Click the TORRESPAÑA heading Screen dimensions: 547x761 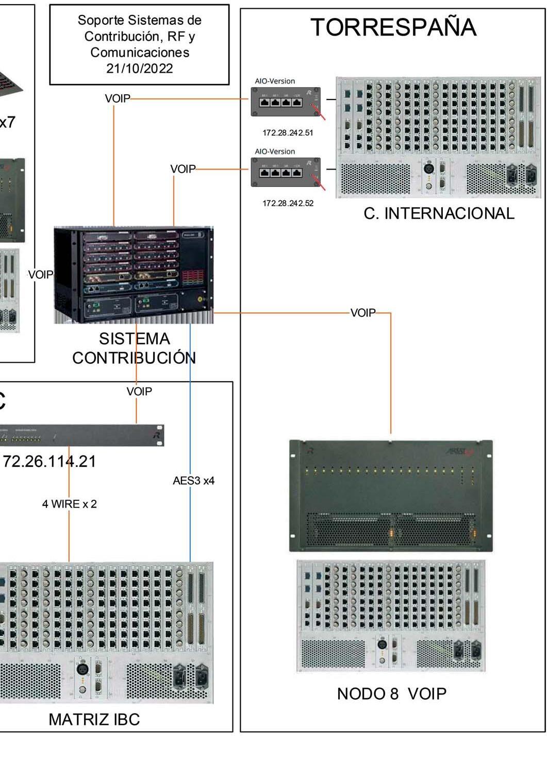click(393, 27)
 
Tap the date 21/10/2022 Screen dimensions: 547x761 click(139, 69)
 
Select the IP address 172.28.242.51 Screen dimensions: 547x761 click(288, 133)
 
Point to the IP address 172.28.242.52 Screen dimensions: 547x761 click(288, 204)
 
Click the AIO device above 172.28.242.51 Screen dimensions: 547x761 click(285, 102)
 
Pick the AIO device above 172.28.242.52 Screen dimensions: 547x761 click(285, 172)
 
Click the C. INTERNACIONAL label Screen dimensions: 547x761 click(439, 213)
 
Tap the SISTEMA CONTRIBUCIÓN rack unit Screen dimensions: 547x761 click(133, 275)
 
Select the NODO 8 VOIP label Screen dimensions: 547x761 click(391, 694)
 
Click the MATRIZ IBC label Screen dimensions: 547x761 click(94, 719)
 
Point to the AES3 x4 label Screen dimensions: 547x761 click(193, 481)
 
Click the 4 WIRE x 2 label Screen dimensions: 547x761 click(69, 504)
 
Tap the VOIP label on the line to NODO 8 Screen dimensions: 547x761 click(363, 313)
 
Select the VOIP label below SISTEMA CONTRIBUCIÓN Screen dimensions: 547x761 click(139, 392)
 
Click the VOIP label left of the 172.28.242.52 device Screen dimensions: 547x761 click(183, 169)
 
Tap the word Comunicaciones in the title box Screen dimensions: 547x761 click(139, 53)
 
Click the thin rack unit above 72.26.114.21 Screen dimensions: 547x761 click(82, 435)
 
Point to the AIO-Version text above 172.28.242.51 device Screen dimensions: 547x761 click(275, 81)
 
